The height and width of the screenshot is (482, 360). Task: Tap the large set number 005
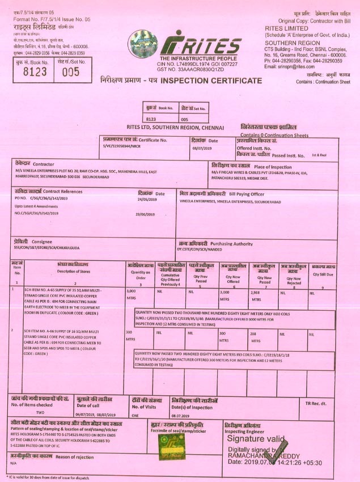click(x=71, y=72)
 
